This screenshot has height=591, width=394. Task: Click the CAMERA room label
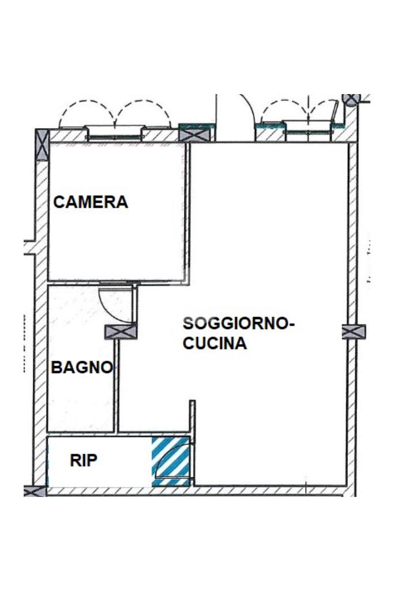[x=91, y=202]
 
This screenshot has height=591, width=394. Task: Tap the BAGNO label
[x=82, y=367]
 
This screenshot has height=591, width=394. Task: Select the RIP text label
[x=84, y=460]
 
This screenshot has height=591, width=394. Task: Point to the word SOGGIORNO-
[x=239, y=323]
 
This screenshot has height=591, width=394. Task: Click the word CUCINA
[x=215, y=343]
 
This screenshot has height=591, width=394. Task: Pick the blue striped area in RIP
[x=171, y=461]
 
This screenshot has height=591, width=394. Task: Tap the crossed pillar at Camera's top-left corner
[x=42, y=145]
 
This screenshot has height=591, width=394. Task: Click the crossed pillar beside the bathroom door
[x=121, y=332]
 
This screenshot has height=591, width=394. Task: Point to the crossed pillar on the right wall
[x=354, y=332]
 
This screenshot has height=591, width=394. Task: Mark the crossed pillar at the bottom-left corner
[x=35, y=491]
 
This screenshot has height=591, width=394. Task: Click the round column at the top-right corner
[x=351, y=99]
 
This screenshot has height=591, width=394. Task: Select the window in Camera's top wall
[x=115, y=134]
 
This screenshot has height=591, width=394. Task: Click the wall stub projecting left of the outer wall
[x=29, y=247]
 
